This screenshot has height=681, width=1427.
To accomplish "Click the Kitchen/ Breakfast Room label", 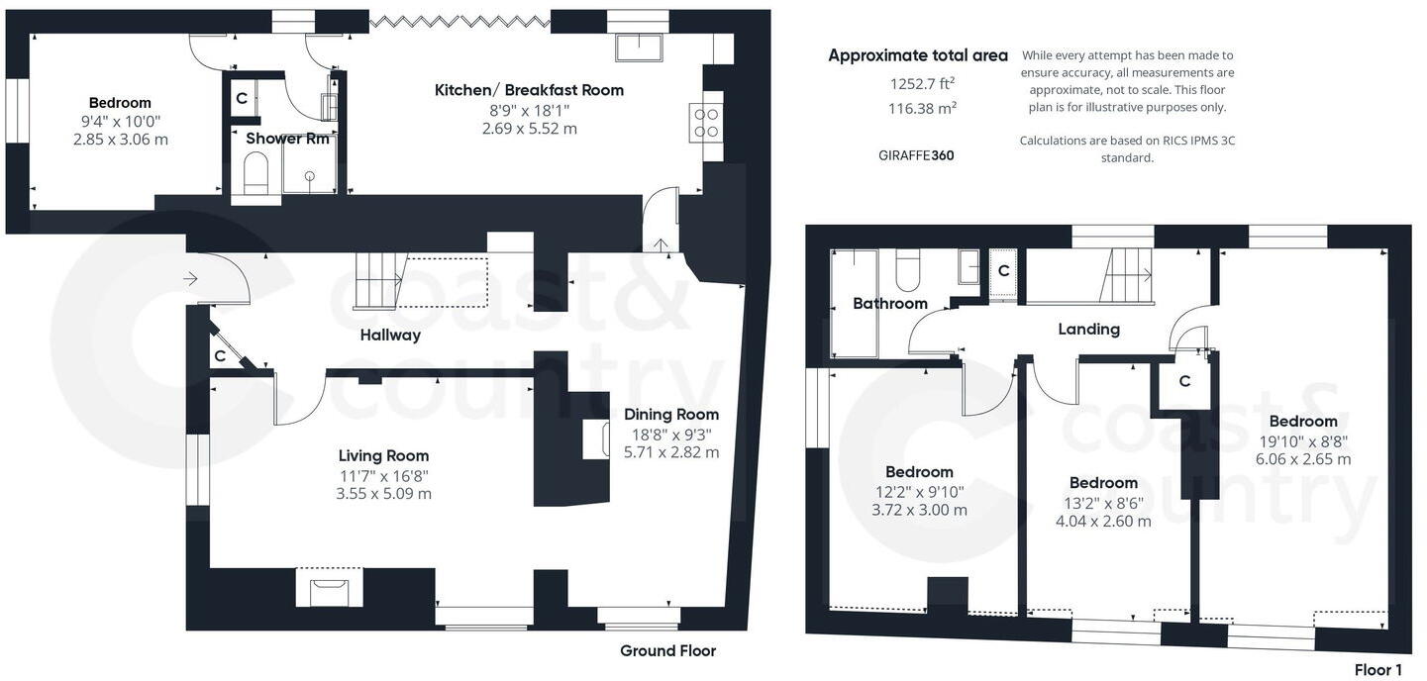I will click(529, 90).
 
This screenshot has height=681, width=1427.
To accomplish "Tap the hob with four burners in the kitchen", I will click(707, 122).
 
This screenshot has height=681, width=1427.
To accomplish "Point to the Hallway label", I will click(390, 336).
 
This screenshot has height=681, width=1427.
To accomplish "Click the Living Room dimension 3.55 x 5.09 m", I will click(383, 494).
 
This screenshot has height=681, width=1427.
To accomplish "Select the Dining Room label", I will click(670, 415).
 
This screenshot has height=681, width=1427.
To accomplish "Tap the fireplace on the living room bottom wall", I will click(329, 591).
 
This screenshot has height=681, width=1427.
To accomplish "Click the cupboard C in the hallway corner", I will click(219, 354).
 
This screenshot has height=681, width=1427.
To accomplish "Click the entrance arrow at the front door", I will click(190, 280).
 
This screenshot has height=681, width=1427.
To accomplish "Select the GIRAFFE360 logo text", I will click(916, 155).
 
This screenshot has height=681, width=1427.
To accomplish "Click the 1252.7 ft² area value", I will click(922, 83).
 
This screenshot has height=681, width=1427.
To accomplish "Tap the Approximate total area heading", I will click(917, 55).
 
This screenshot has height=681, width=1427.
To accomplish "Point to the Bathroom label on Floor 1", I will click(889, 304).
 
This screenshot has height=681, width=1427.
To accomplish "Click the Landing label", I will click(1088, 330).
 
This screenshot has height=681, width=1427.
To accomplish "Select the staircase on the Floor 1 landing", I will click(1125, 275).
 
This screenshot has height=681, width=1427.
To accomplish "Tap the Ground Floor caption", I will click(667, 651).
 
